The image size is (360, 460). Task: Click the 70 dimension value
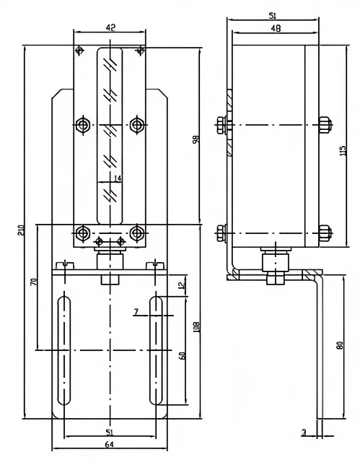tap(32, 281)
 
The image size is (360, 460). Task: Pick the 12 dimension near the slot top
tap(182, 285)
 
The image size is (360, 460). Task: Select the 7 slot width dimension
tap(135, 312)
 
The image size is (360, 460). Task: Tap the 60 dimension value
tap(182, 355)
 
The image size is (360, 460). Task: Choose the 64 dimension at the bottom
tap(109, 445)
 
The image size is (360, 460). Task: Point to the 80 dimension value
tap(340, 346)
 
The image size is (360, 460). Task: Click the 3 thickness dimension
tap(304, 433)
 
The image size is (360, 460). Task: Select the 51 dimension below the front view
tap(109, 432)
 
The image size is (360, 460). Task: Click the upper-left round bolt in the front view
tap(84, 126)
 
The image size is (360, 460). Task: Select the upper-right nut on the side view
tap(324, 125)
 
